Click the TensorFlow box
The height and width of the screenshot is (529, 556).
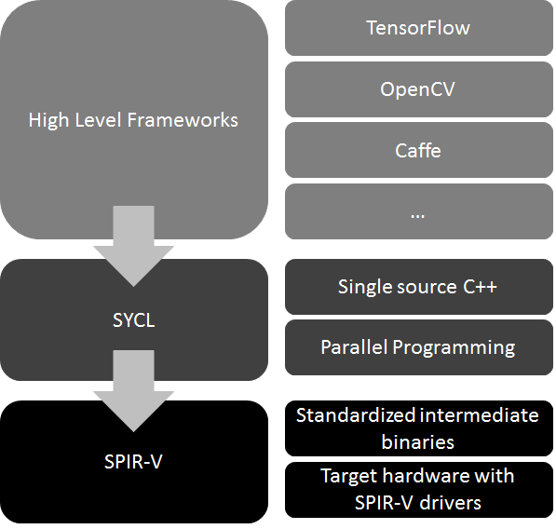[418, 28]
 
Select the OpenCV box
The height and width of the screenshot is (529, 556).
[418, 89]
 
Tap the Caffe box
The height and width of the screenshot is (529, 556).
[418, 150]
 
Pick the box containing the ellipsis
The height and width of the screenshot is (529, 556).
[418, 211]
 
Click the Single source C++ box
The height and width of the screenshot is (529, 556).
[418, 286]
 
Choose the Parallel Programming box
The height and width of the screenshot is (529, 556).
[418, 347]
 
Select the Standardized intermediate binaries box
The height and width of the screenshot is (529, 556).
[418, 427]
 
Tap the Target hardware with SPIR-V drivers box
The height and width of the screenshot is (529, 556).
[418, 489]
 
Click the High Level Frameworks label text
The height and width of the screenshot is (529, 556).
[133, 120]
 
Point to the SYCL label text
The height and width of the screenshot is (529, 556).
[133, 321]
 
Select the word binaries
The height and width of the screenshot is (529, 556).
[418, 440]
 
